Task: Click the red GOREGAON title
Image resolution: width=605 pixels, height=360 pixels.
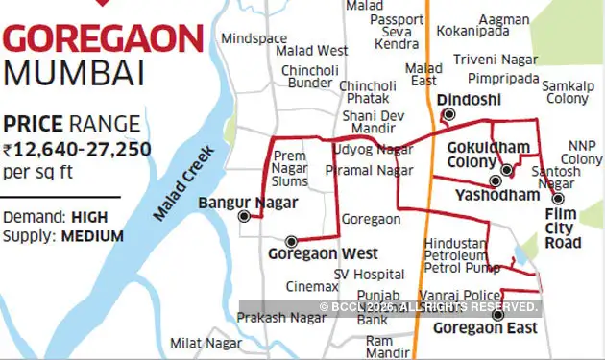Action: pos(104,40)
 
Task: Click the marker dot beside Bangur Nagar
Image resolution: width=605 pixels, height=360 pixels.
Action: pos(244,216)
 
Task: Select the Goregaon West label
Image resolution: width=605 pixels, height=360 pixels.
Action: pos(310,254)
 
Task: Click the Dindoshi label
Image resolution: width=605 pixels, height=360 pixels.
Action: pos(463,100)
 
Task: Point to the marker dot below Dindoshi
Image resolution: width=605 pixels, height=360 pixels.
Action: pos(446,115)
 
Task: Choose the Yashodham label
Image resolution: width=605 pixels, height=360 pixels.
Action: pos(496,195)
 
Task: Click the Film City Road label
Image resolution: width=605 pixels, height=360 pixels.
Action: pos(563,228)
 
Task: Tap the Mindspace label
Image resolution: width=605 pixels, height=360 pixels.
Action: pos(254,38)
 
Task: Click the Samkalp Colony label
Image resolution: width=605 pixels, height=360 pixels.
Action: pos(568,92)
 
